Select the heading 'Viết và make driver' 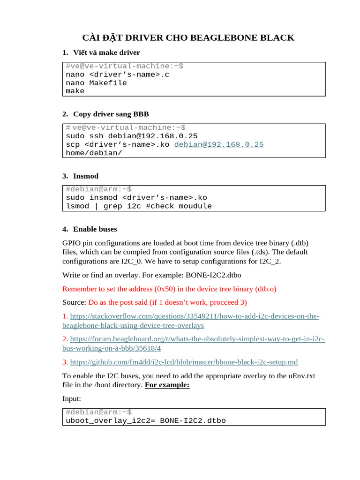pos(106,52)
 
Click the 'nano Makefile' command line pos(96,83)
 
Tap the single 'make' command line pos(75,91)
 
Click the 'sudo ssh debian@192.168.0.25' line pos(132,136)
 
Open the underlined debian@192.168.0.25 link pos(219,145)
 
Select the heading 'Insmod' pos(86,176)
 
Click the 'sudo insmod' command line pos(136,197)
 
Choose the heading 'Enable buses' pos(95,229)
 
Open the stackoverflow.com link pos(195,316)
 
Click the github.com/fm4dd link pos(184,362)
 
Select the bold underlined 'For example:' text pos(167,385)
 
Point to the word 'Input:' pos(72,398)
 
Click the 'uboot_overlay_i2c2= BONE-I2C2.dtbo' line pos(145,420)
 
